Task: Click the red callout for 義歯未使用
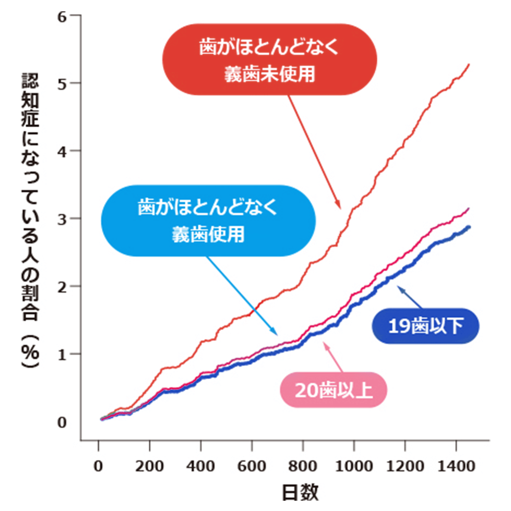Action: click(269, 60)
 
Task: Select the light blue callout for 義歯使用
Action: click(208, 220)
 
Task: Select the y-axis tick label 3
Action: click(62, 218)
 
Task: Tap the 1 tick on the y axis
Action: click(62, 354)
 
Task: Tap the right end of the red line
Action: click(469, 64)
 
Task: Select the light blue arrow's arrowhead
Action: click(276, 333)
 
